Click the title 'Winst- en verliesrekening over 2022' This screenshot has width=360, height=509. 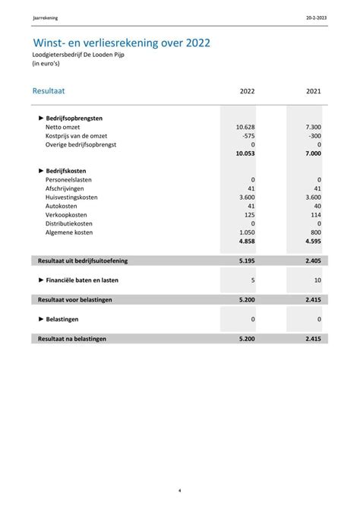click(x=122, y=43)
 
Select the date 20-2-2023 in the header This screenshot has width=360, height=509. click(x=317, y=17)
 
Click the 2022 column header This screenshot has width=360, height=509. click(x=247, y=92)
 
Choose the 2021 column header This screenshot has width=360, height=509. click(x=313, y=92)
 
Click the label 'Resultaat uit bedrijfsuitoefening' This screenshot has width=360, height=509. click(x=83, y=261)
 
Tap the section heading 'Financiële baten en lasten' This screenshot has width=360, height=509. click(x=82, y=280)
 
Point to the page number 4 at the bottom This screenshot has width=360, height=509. click(x=180, y=491)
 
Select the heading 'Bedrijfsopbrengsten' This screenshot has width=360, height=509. click(x=74, y=119)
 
